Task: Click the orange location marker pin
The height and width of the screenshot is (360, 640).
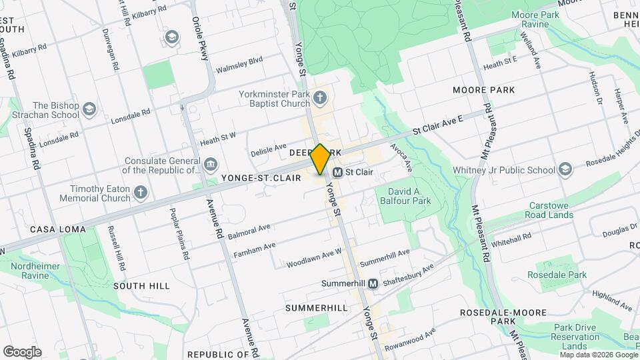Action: (321, 159)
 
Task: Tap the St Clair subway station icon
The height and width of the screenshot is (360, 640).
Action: (338, 172)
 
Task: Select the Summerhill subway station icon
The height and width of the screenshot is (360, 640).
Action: (373, 283)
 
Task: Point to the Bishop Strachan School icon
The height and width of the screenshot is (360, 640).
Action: (89, 109)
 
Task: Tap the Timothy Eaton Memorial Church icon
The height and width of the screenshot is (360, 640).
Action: (140, 193)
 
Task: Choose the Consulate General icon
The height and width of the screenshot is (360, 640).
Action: (211, 164)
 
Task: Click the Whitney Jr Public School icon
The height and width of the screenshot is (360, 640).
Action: (566, 169)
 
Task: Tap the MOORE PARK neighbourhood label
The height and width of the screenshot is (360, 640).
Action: (484, 89)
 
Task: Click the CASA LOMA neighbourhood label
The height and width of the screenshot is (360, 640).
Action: (58, 229)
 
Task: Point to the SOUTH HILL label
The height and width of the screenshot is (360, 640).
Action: (141, 285)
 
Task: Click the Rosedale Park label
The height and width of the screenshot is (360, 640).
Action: (557, 275)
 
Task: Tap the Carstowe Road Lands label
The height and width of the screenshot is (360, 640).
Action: (551, 210)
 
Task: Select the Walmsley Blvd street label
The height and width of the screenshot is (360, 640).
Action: (239, 64)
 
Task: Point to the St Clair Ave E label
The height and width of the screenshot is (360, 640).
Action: (437, 125)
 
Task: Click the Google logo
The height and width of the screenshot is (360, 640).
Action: (21, 352)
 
